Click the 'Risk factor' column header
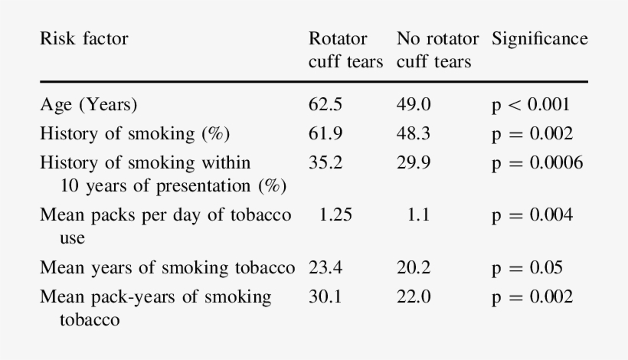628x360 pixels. pos(84,39)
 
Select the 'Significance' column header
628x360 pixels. pos(540,39)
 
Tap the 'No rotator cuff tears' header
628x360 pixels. pos(437,50)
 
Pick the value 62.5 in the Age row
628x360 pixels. pos(325,105)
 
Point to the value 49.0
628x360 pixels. pos(414,105)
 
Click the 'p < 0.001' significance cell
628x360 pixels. pos(531,105)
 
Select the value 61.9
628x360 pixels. pos(325,134)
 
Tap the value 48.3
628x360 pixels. pos(414,134)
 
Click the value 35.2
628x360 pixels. pos(325,162)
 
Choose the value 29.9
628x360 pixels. pos(414,162)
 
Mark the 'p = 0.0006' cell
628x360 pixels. pos(537,162)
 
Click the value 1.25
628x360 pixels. pos(335,215)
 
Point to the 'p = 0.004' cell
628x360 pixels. pos(532,215)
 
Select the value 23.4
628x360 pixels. pos(325,268)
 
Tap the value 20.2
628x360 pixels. pos(414,268)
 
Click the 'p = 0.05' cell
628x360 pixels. pos(527,268)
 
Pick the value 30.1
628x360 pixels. pos(325,296)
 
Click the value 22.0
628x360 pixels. pos(414,296)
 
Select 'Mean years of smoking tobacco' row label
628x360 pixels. pos(167,268)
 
